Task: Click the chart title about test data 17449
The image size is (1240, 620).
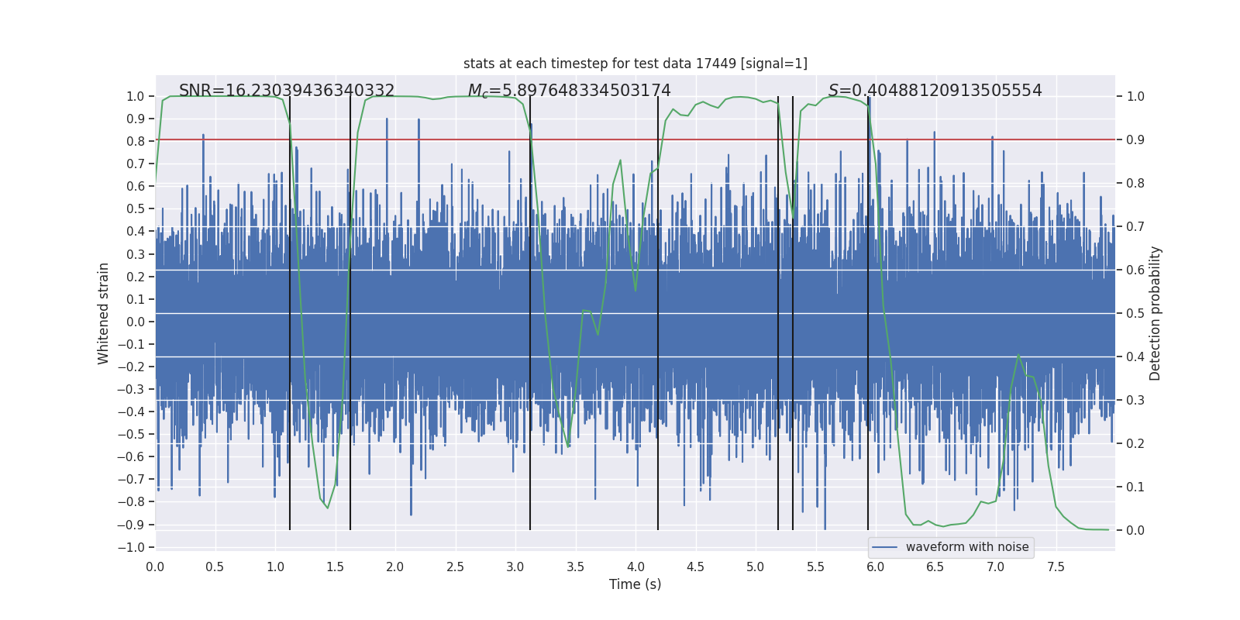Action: [x=635, y=64]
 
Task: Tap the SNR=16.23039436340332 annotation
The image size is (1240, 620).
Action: [x=287, y=91]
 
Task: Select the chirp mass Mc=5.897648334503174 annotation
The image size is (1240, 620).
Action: [x=569, y=91]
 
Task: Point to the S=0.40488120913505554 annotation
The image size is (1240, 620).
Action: [x=935, y=91]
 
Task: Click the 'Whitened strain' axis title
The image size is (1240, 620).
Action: [x=104, y=313]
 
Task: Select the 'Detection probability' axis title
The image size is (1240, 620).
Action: [x=1156, y=313]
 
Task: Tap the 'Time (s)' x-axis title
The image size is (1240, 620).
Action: [x=635, y=584]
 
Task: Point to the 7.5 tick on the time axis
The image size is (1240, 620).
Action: [x=1056, y=567]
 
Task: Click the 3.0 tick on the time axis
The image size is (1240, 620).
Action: [x=515, y=567]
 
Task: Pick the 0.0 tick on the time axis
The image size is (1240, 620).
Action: [x=155, y=567]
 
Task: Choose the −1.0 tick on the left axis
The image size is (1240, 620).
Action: [x=131, y=547]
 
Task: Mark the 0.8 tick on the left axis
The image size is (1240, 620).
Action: [x=136, y=141]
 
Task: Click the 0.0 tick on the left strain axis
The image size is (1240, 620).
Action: [x=136, y=322]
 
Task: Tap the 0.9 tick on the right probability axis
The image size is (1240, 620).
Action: [x=1135, y=140]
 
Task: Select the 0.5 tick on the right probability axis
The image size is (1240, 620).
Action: [x=1135, y=314]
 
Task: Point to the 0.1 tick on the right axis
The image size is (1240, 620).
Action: [x=1135, y=487]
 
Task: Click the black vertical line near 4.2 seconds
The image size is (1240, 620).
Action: [x=658, y=349]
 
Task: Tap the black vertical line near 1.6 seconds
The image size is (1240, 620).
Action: [x=350, y=349]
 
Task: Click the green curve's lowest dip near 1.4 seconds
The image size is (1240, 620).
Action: [x=328, y=508]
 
